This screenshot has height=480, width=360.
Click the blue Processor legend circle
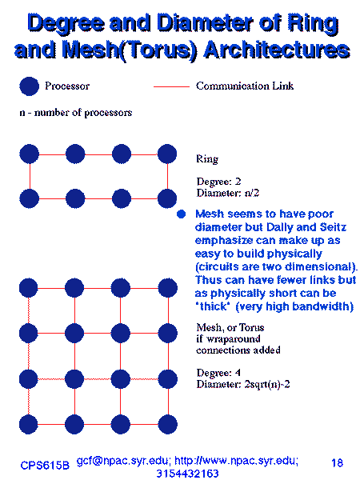[29, 86]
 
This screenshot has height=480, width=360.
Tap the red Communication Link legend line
[171, 86]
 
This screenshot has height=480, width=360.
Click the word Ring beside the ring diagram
[207, 159]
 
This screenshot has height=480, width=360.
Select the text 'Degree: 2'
[218, 182]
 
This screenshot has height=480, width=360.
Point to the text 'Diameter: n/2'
[228, 193]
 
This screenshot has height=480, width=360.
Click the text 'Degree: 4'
[218, 373]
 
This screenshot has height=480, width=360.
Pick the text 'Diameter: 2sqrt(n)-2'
[243, 384]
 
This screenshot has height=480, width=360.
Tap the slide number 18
[337, 462]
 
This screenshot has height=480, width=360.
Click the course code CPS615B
[45, 466]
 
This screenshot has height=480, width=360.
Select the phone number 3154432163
[187, 474]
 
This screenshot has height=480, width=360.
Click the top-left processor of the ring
[29, 154]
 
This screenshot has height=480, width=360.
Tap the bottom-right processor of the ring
[167, 198]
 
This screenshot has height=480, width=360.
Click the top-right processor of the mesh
[168, 288]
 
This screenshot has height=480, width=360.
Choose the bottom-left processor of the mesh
[29, 424]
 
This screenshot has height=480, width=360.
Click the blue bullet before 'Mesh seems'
[182, 214]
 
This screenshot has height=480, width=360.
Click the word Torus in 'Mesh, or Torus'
[251, 327]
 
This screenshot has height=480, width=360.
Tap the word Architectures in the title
[277, 50]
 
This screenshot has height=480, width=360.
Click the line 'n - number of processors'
[76, 113]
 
